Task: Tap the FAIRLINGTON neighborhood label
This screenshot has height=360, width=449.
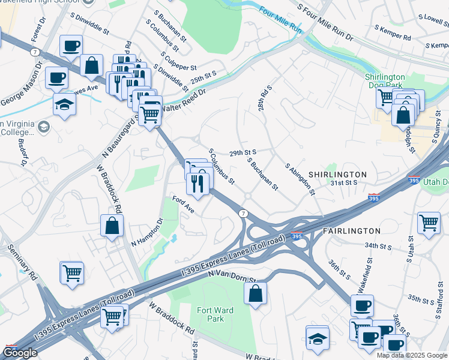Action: coord(352,230)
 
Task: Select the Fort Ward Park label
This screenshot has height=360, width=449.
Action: coord(211,314)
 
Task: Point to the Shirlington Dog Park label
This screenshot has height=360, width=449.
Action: coord(385,81)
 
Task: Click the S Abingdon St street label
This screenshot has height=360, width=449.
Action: coord(300,179)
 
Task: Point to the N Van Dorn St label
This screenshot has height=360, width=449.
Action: coord(232,277)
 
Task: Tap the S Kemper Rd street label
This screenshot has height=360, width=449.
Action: coord(393,32)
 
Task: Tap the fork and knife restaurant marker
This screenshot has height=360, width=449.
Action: coord(197,183)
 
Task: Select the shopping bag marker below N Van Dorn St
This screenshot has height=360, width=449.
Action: coord(255,293)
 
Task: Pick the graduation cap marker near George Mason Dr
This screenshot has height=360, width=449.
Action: coord(64,104)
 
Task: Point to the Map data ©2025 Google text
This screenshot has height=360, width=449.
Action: coord(412,355)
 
